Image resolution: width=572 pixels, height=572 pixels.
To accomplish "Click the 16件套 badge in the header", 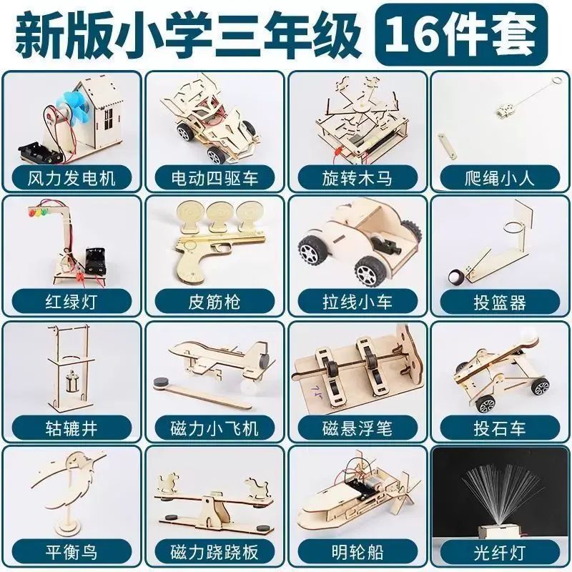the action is coord(461,34).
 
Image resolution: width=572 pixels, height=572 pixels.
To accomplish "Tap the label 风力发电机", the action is coord(71,178).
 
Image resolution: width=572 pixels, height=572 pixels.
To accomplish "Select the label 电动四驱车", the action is coord(214,178).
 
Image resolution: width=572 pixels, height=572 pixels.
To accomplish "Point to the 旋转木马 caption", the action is coord(357,178).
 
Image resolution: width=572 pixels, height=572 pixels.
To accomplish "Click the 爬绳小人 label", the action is coord(500,178).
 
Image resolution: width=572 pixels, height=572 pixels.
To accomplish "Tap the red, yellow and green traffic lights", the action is coord(39,212).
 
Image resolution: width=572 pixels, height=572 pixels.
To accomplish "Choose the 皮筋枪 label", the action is coord(214,302).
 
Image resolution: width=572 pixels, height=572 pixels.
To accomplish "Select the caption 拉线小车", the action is coord(357,302).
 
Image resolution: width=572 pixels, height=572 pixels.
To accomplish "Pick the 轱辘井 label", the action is coord(71,428).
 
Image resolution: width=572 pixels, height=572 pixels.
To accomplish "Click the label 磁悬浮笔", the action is coord(357,428).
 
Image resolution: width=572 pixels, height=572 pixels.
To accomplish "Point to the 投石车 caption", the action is coord(500,428).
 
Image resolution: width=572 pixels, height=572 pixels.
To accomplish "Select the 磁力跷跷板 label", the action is coord(214,552).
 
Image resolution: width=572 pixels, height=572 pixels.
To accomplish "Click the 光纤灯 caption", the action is coord(500,552).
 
